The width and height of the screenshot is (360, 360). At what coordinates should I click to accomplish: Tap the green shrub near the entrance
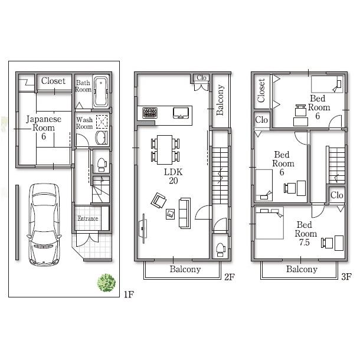pyautogui.click(x=106, y=282)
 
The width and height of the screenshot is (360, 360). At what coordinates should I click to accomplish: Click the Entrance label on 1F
pyautogui.click(x=87, y=219)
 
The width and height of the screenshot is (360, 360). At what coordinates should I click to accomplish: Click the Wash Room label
pyautogui.click(x=84, y=123)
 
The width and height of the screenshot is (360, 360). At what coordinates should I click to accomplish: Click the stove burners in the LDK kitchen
pyautogui.click(x=148, y=112)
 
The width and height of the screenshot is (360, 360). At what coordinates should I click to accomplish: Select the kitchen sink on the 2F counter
pyautogui.click(x=181, y=112)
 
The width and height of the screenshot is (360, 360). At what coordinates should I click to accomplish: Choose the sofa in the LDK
pyautogui.click(x=185, y=212)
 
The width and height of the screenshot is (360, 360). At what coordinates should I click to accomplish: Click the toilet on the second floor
pyautogui.click(x=220, y=248)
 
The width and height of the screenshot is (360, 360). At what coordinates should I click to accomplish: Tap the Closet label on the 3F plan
pyautogui.click(x=261, y=90)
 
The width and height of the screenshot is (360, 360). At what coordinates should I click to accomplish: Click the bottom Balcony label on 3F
pyautogui.click(x=302, y=270)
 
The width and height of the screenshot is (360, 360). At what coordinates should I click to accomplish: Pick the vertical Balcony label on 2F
pyautogui.click(x=221, y=100)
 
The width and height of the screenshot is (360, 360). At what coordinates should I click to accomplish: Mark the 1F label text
pyautogui.click(x=129, y=294)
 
